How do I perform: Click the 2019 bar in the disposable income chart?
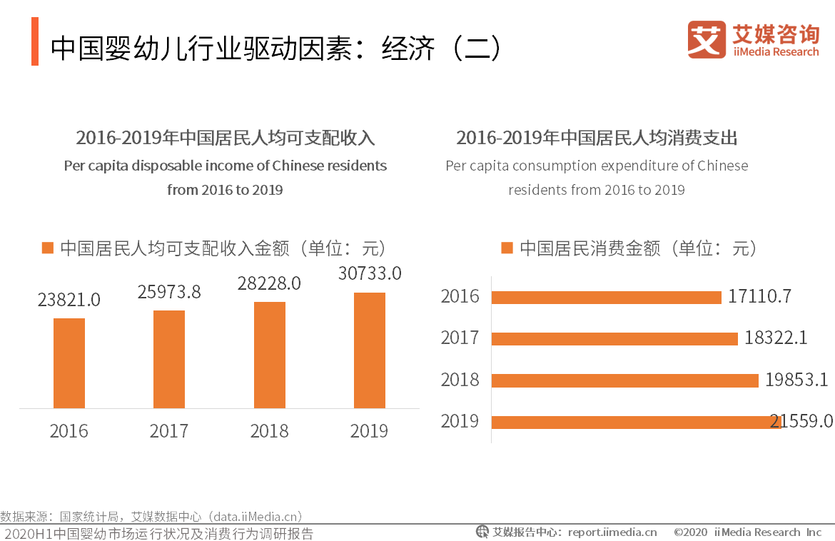click(x=370, y=350)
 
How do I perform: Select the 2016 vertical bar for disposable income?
click(x=69, y=363)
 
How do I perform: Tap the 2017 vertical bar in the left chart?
click(x=169, y=359)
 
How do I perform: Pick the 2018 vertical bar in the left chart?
click(x=270, y=355)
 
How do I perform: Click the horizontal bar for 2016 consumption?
click(x=607, y=298)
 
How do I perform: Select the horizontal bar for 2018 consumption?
click(x=625, y=380)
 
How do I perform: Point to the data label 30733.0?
click(x=370, y=273)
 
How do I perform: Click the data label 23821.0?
click(x=69, y=300)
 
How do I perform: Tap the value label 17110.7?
click(x=759, y=296)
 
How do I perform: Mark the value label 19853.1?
click(x=796, y=380)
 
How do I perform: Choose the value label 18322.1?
click(x=776, y=338)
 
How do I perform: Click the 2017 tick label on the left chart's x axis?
click(x=169, y=431)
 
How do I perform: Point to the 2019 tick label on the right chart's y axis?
click(x=460, y=421)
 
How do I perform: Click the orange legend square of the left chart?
click(x=48, y=248)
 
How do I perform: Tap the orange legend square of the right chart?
click(x=507, y=248)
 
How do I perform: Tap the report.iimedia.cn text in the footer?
click(x=612, y=532)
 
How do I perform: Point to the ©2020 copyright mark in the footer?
click(x=690, y=532)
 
